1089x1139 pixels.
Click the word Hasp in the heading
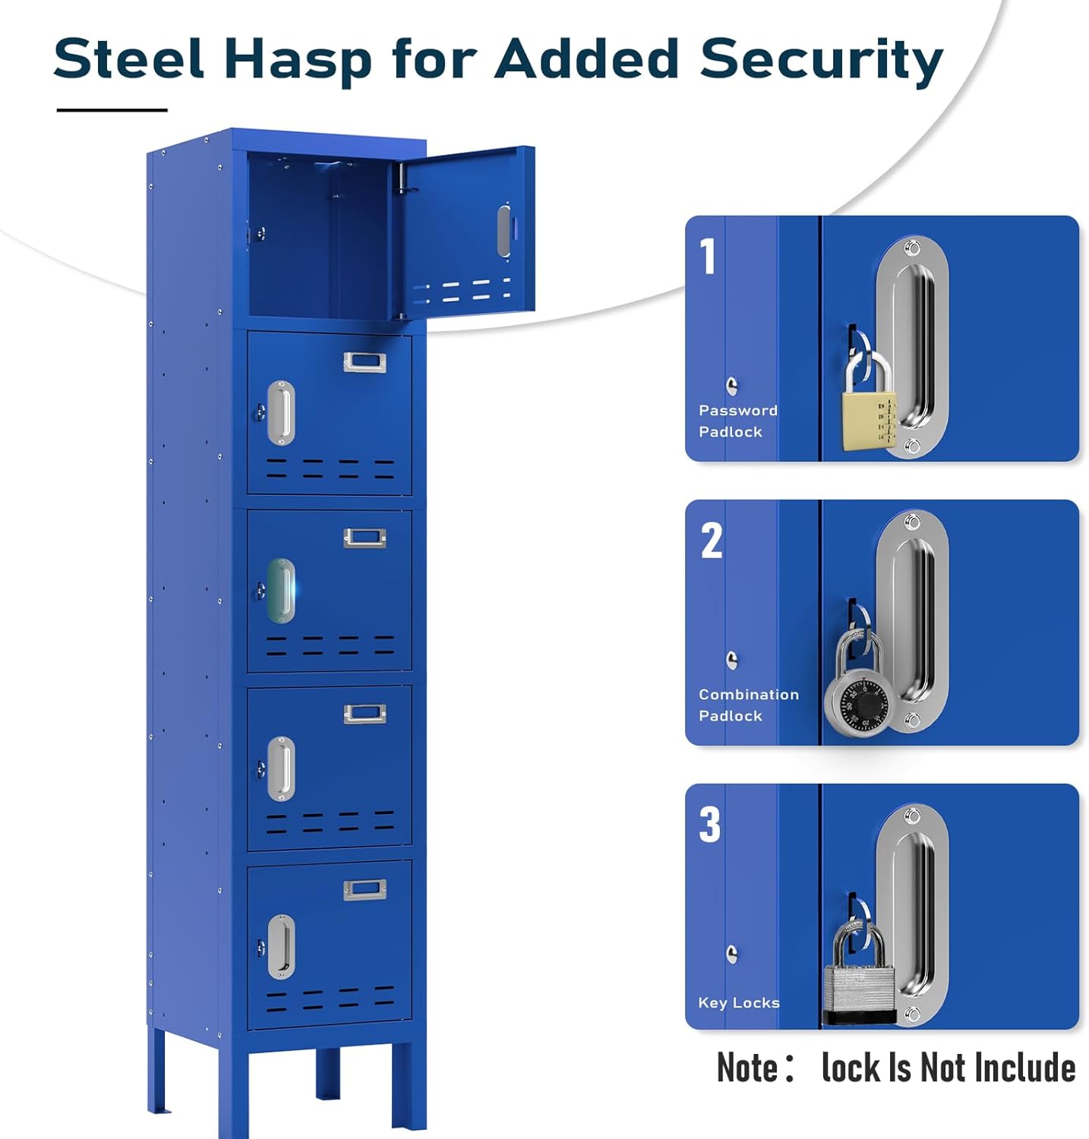tap(298, 59)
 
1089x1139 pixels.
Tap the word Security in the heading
tap(821, 59)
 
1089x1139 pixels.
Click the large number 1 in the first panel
tap(708, 256)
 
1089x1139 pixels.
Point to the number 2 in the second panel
tap(712, 541)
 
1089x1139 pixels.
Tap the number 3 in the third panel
tap(710, 825)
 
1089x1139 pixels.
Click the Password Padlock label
tap(737, 421)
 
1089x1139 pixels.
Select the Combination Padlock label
tap(748, 705)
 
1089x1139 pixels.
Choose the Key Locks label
tap(738, 1002)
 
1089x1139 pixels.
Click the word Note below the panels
tap(748, 1068)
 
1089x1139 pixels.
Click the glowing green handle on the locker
tap(281, 590)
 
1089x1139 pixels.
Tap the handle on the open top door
tap(504, 230)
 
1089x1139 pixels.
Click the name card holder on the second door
tap(365, 362)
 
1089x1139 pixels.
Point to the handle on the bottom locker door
tap(281, 946)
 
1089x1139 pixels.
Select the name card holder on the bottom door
tap(365, 889)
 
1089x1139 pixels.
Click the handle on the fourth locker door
tap(281, 768)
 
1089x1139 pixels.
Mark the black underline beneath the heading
tap(112, 110)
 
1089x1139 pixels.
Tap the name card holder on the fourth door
tap(365, 714)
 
